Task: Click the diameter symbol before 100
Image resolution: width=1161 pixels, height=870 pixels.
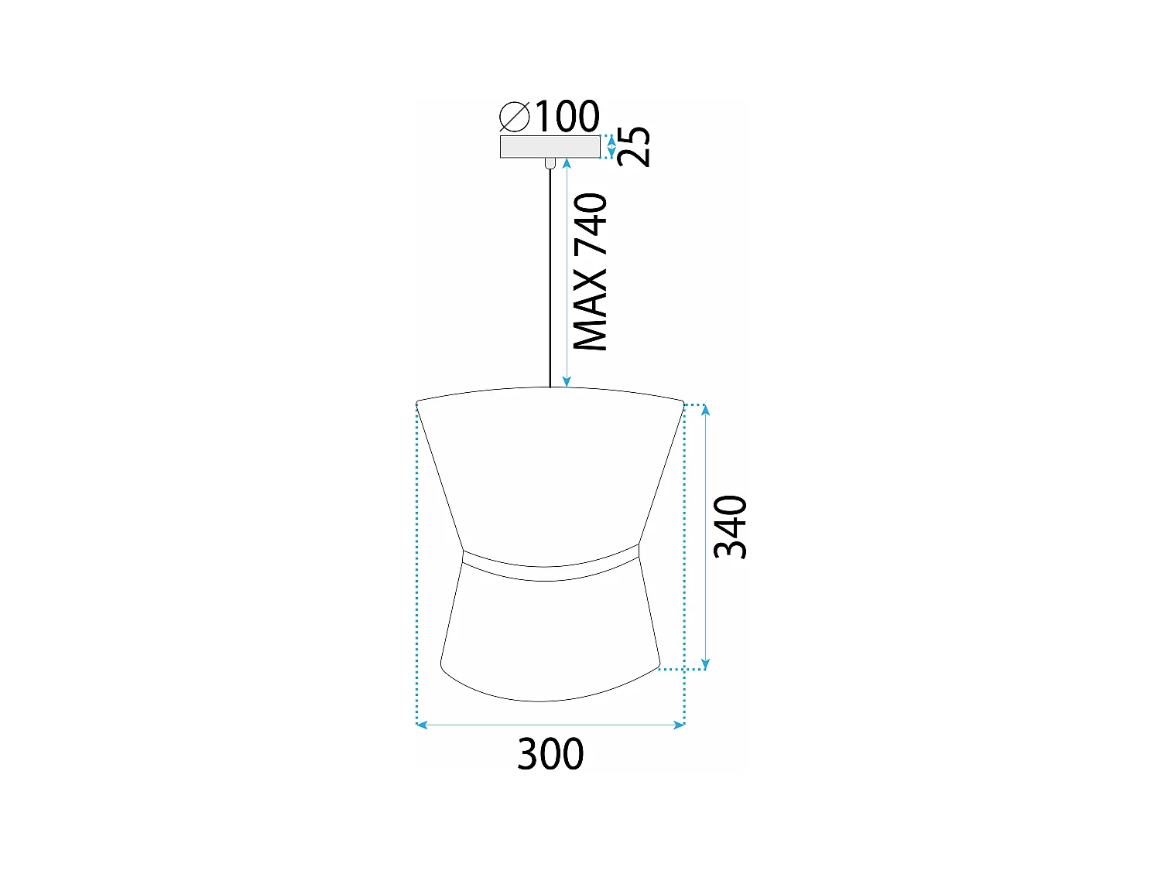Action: click(x=514, y=117)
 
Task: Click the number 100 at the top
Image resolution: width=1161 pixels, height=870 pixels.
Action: click(x=567, y=117)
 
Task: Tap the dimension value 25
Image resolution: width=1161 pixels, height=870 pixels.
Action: click(x=635, y=146)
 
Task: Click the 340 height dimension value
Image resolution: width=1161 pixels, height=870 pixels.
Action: click(x=730, y=527)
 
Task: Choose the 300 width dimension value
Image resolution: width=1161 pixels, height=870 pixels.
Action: click(x=550, y=754)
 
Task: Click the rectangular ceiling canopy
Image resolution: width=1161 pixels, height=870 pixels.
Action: click(x=550, y=146)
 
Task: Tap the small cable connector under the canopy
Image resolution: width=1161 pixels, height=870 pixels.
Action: click(x=550, y=162)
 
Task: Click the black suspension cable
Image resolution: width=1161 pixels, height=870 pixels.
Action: click(x=550, y=278)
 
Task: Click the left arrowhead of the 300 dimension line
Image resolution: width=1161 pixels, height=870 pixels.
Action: click(x=421, y=725)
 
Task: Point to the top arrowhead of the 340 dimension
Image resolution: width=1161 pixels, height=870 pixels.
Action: click(x=705, y=409)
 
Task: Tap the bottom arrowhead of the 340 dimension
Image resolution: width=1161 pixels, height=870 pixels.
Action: click(x=705, y=664)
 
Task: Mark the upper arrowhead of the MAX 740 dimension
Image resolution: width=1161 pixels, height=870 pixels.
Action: click(x=567, y=163)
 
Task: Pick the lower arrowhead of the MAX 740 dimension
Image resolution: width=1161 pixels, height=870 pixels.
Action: click(x=567, y=381)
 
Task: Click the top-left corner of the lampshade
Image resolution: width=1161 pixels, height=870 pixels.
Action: click(x=419, y=403)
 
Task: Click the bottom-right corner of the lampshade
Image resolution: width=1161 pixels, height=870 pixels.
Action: click(x=658, y=665)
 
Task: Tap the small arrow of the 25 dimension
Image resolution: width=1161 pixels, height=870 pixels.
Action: click(x=611, y=146)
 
